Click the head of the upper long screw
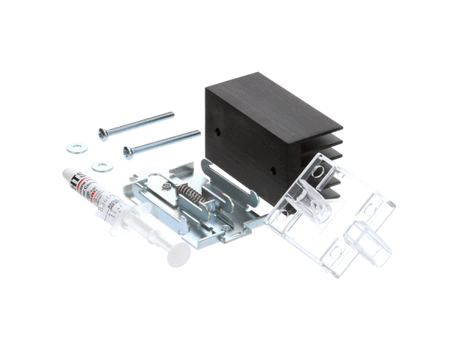tap(103, 133)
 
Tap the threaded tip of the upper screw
tap(171, 115)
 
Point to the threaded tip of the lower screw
tap(197, 133)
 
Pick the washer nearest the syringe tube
tap(97, 165)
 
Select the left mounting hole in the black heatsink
tap(217, 130)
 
